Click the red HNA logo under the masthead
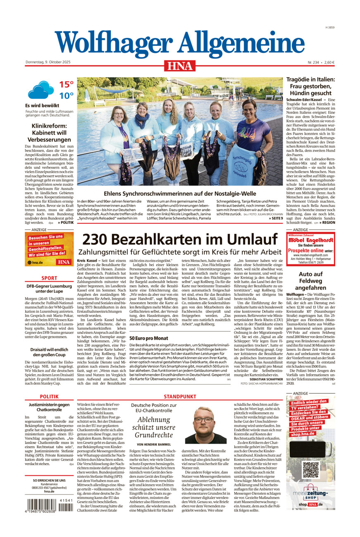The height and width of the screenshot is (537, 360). (x=180, y=65)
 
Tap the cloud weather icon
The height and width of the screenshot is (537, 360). (x=41, y=90)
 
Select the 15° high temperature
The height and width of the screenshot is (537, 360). (x=66, y=85)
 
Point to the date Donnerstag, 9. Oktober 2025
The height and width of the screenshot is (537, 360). (x=48, y=62)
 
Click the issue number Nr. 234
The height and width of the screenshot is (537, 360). (x=314, y=62)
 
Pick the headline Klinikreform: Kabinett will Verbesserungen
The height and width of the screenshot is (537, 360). (x=49, y=133)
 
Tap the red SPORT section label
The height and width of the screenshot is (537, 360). (x=49, y=278)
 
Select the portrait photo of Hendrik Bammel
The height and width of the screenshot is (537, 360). (x=205, y=425)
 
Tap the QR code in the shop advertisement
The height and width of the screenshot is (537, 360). (x=310, y=470)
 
